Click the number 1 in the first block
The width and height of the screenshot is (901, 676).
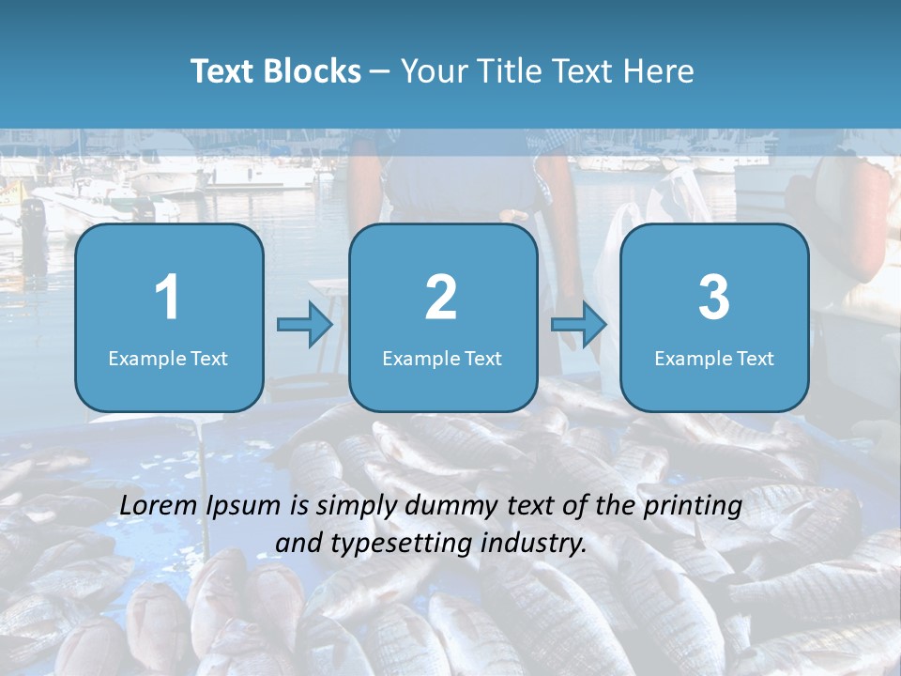point(167,298)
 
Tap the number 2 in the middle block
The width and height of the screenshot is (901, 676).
point(441,298)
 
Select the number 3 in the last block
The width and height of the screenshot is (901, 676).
point(714,298)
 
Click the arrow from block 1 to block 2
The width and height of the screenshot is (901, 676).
point(305,325)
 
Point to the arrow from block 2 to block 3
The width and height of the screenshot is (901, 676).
point(579,325)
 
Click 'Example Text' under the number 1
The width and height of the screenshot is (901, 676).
point(168,358)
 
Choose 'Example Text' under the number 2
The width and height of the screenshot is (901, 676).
point(442,358)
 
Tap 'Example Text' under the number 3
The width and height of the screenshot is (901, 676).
point(714,358)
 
